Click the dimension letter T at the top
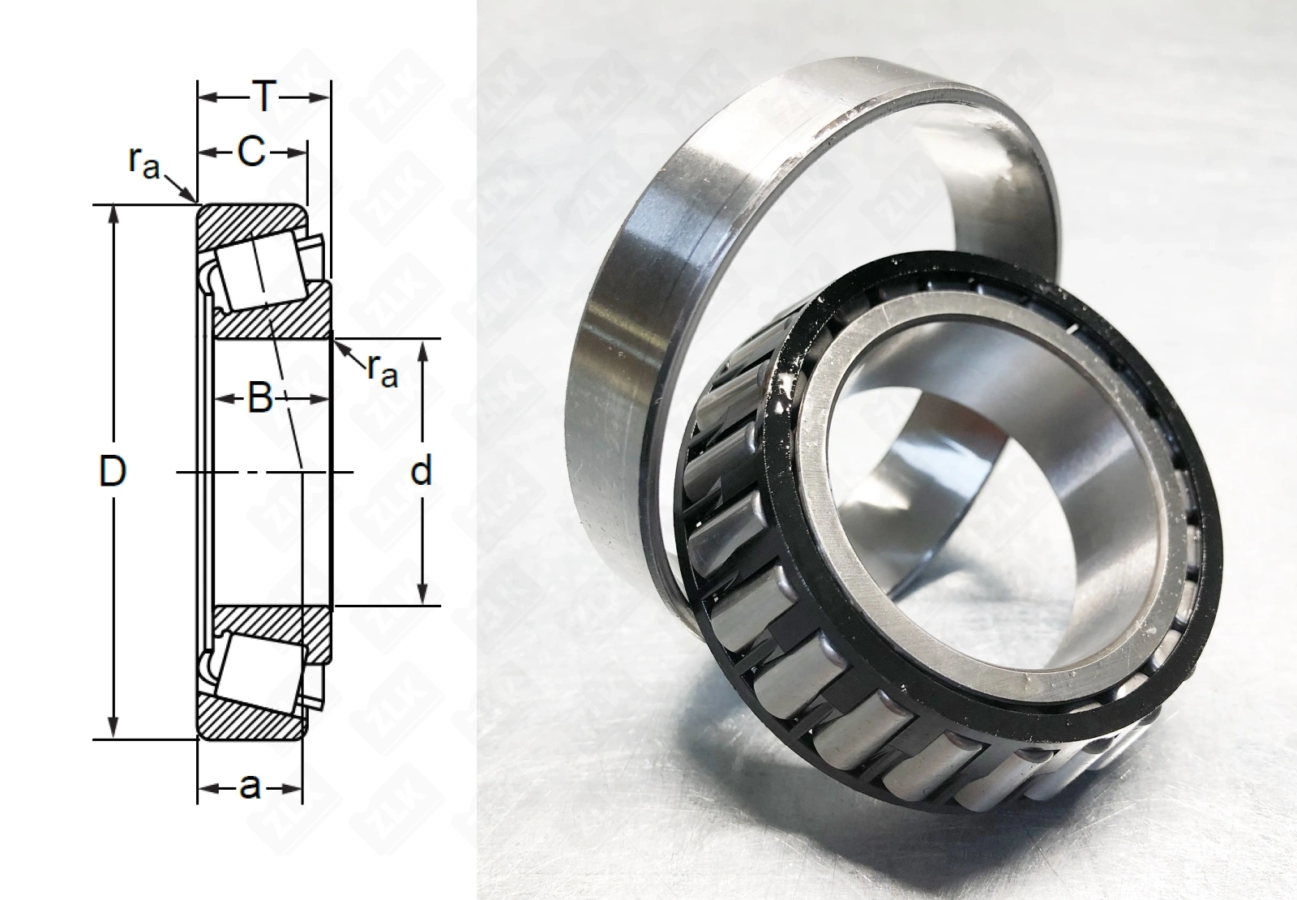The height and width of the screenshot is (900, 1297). click(x=264, y=96)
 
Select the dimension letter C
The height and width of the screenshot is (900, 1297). click(x=252, y=152)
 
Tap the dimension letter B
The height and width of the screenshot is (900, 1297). click(x=260, y=398)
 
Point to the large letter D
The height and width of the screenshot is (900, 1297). click(x=113, y=471)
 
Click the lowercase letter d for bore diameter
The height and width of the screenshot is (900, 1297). click(x=421, y=470)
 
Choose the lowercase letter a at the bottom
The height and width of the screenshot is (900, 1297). click(x=250, y=787)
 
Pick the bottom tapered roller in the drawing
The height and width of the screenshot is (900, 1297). click(x=260, y=672)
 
